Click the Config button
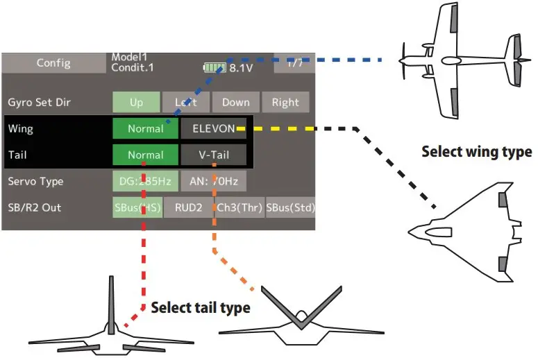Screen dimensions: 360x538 click(x=53, y=63)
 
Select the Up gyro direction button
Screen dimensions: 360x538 click(x=136, y=102)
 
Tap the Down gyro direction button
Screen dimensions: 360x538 click(x=235, y=102)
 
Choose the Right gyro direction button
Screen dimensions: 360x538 click(x=285, y=102)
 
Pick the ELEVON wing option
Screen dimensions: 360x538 click(x=213, y=128)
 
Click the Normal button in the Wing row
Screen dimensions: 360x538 click(x=145, y=128)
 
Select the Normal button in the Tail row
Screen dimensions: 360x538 click(x=145, y=155)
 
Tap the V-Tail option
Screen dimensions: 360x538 click(x=213, y=155)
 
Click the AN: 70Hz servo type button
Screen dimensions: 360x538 click(x=213, y=181)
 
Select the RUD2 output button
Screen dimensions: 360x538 click(x=187, y=207)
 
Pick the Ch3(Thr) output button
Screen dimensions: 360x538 click(x=238, y=207)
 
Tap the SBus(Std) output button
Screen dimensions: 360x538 click(x=290, y=207)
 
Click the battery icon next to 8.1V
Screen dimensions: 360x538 click(x=215, y=68)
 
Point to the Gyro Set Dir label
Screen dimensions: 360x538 click(x=39, y=102)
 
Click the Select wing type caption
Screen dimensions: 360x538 click(x=476, y=151)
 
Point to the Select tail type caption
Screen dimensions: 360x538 click(x=200, y=307)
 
